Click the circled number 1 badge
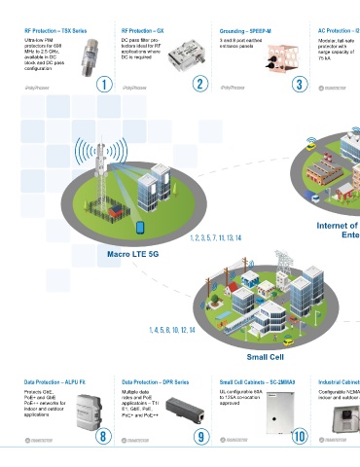coord(102,85)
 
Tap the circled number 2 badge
coord(199,85)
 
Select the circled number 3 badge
coord(299,85)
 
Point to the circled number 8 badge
coord(102,436)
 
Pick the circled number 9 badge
coord(199,436)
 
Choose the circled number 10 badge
coord(299,436)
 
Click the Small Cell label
coord(237,341)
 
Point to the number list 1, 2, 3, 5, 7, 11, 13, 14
coord(215,237)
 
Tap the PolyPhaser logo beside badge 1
coord(36,87)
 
